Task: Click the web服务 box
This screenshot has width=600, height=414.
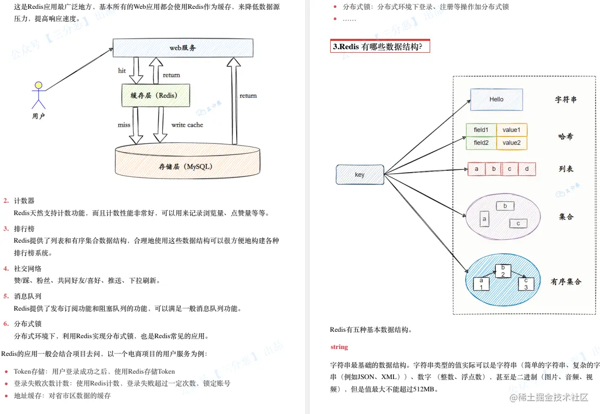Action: click(183, 48)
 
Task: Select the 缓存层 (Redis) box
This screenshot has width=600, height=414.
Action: click(156, 96)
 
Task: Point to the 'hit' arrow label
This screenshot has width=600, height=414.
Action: click(122, 71)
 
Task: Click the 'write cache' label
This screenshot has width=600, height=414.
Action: click(187, 125)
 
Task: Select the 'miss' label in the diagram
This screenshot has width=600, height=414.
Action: click(124, 125)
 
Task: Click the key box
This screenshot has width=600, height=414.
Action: click(360, 175)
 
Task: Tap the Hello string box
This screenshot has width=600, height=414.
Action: click(496, 99)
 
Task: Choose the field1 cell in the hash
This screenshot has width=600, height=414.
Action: click(481, 130)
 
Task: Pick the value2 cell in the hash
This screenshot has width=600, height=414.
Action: click(511, 143)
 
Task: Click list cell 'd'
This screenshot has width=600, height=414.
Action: click(527, 169)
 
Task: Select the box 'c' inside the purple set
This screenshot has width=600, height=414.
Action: click(518, 223)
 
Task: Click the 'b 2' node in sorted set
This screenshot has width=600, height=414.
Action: click(503, 271)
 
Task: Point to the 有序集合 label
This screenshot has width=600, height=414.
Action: click(566, 282)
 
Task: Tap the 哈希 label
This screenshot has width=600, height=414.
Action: click(566, 137)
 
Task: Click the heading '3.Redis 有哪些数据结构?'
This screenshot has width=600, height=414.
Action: click(380, 47)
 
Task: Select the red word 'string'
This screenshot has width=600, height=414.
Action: click(339, 347)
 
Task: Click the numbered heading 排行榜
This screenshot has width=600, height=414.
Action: click(24, 229)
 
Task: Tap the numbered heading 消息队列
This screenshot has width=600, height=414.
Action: click(28, 296)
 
